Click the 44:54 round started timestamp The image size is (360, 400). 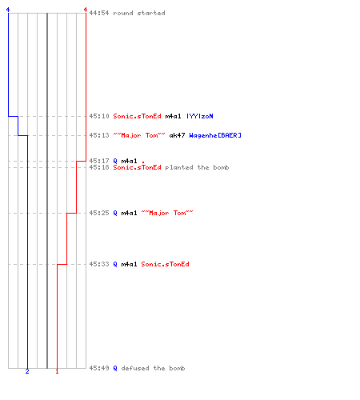pos(99,13)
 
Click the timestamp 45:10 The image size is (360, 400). pos(99,116)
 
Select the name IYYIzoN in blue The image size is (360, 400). pos(200,116)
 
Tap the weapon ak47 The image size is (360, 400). pos(177,135)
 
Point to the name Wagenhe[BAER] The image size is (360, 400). pos(215,135)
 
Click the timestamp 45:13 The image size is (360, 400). pos(99,135)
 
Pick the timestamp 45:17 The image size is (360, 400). pos(99,161)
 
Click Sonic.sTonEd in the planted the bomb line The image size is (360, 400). pos(137,167)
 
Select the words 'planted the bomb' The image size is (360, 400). pos(197,167)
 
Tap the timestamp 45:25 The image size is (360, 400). pos(99,213)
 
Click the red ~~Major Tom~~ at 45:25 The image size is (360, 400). pos(167,213)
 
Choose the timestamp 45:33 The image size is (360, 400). pos(99,264)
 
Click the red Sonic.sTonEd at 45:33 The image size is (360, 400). pos(165,264)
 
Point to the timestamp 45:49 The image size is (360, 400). pos(99,368)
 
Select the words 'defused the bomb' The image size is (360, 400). pos(153,368)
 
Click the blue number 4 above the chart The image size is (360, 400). pos(8,10)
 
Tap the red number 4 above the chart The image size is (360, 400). pos(86,10)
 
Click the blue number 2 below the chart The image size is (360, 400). pos(27,371)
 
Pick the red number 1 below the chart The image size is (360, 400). pos(57,371)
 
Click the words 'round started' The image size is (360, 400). pos(139,13)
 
